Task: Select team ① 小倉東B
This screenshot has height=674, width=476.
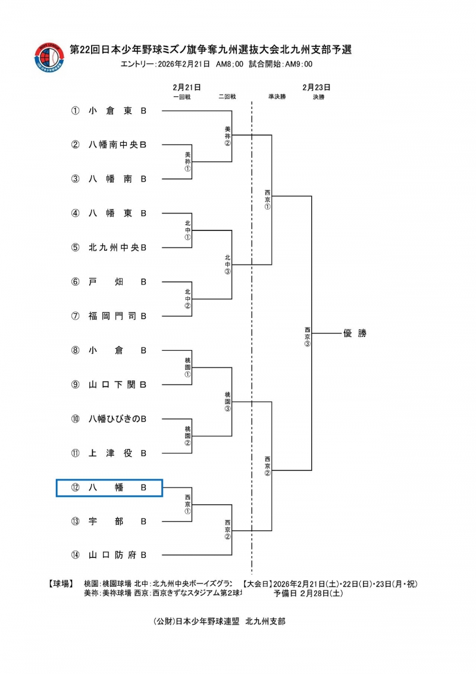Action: point(117,111)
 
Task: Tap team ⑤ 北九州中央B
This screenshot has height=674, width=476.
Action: point(117,247)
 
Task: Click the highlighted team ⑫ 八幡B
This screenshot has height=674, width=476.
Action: point(109,488)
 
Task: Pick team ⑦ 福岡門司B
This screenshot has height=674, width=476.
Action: point(117,316)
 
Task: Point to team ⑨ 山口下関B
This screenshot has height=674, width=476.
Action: point(117,384)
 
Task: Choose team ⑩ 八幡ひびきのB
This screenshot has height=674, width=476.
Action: point(117,419)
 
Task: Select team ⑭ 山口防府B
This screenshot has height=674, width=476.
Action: point(117,555)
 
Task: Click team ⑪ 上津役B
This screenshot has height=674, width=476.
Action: point(117,453)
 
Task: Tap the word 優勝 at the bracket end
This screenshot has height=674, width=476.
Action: point(355,333)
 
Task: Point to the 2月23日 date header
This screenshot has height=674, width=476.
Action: point(316,87)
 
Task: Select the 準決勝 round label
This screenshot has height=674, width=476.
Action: point(277,96)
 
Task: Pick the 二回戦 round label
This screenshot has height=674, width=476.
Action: point(227,96)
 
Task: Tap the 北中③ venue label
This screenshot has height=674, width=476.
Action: point(227,264)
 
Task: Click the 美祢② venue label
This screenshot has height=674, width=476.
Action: point(227,136)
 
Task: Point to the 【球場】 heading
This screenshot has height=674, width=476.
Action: point(59,583)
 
